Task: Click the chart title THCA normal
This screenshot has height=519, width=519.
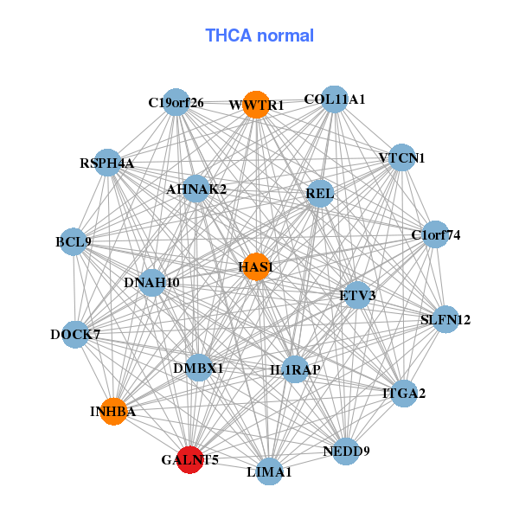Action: (259, 35)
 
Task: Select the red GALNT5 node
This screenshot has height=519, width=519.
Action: (189, 459)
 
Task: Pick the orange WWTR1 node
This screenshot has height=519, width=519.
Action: (255, 106)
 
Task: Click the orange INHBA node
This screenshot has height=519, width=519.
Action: (113, 411)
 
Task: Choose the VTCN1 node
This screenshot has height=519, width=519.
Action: (401, 157)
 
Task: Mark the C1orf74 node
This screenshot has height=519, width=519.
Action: (434, 234)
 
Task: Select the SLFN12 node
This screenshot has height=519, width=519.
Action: (445, 319)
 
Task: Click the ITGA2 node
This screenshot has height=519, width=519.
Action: (404, 394)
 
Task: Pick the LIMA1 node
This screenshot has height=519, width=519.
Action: (270, 471)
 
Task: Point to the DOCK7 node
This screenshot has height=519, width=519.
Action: (75, 334)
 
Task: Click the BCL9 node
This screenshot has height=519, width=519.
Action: (74, 241)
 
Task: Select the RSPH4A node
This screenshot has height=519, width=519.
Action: (107, 163)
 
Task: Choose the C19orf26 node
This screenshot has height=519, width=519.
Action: (176, 103)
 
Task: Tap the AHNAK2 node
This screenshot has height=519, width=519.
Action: (196, 189)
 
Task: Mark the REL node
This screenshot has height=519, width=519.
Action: (319, 194)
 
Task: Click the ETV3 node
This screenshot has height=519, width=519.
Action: (358, 295)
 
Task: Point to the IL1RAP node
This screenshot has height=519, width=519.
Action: (295, 369)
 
